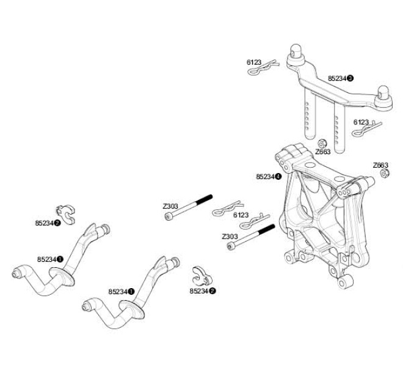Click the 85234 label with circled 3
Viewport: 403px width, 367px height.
pyautogui.click(x=340, y=78)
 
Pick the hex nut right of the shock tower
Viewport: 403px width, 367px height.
pyautogui.click(x=385, y=174)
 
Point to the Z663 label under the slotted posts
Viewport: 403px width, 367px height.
pyautogui.click(x=322, y=152)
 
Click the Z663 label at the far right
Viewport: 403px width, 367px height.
pyautogui.click(x=380, y=165)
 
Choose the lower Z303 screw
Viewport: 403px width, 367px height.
pyautogui.click(x=250, y=237)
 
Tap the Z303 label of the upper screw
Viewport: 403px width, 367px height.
pyautogui.click(x=170, y=206)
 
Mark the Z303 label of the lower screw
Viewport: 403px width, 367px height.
pyautogui.click(x=230, y=236)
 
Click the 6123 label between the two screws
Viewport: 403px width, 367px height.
pyautogui.click(x=241, y=215)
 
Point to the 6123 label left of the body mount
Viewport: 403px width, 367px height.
pyautogui.click(x=254, y=62)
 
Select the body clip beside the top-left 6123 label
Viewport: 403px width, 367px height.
pyautogui.click(x=262, y=69)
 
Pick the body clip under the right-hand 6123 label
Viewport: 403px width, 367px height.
pyautogui.click(x=368, y=130)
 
